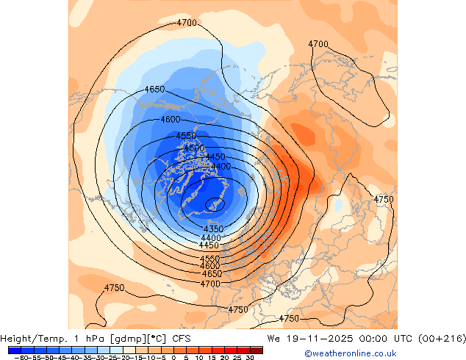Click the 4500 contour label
194,148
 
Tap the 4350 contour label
213,230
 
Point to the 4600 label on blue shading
171,120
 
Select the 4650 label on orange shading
212,274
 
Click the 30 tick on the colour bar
251,358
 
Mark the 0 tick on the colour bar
173,358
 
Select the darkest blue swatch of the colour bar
15,350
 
